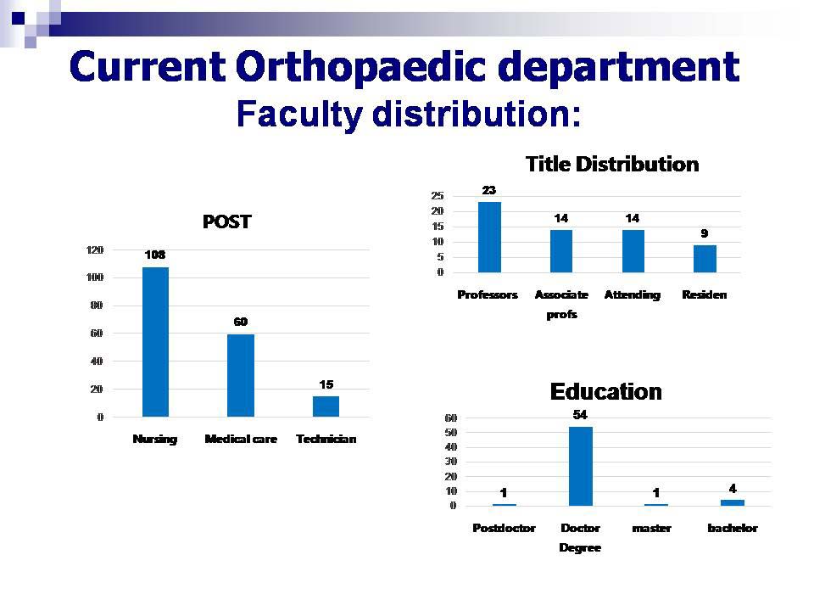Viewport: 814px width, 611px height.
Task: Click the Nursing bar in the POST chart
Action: [x=155, y=342]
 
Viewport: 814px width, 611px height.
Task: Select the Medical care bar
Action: [x=240, y=375]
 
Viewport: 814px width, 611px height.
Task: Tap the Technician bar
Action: [x=326, y=406]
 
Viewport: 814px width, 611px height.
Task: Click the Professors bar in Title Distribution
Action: [x=489, y=237]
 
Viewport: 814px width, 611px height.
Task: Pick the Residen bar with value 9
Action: [x=705, y=259]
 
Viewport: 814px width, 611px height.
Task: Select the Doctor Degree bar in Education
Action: [x=580, y=466]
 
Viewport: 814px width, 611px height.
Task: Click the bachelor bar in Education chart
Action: [x=732, y=502]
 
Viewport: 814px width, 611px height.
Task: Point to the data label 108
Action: [x=154, y=255]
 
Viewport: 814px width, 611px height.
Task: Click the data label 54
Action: [x=580, y=414]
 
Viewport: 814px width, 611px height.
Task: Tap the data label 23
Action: [x=489, y=190]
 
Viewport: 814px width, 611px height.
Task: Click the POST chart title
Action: [x=226, y=222]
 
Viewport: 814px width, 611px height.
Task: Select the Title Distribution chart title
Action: [x=611, y=164]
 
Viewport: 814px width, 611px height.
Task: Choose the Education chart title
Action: [x=605, y=391]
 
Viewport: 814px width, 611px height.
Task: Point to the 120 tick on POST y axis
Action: [x=95, y=250]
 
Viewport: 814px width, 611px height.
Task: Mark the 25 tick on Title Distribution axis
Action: [x=438, y=196]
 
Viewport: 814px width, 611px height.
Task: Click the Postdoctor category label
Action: [x=504, y=528]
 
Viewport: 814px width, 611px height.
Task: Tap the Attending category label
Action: [x=632, y=295]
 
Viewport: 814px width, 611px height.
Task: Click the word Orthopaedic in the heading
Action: [x=380, y=68]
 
